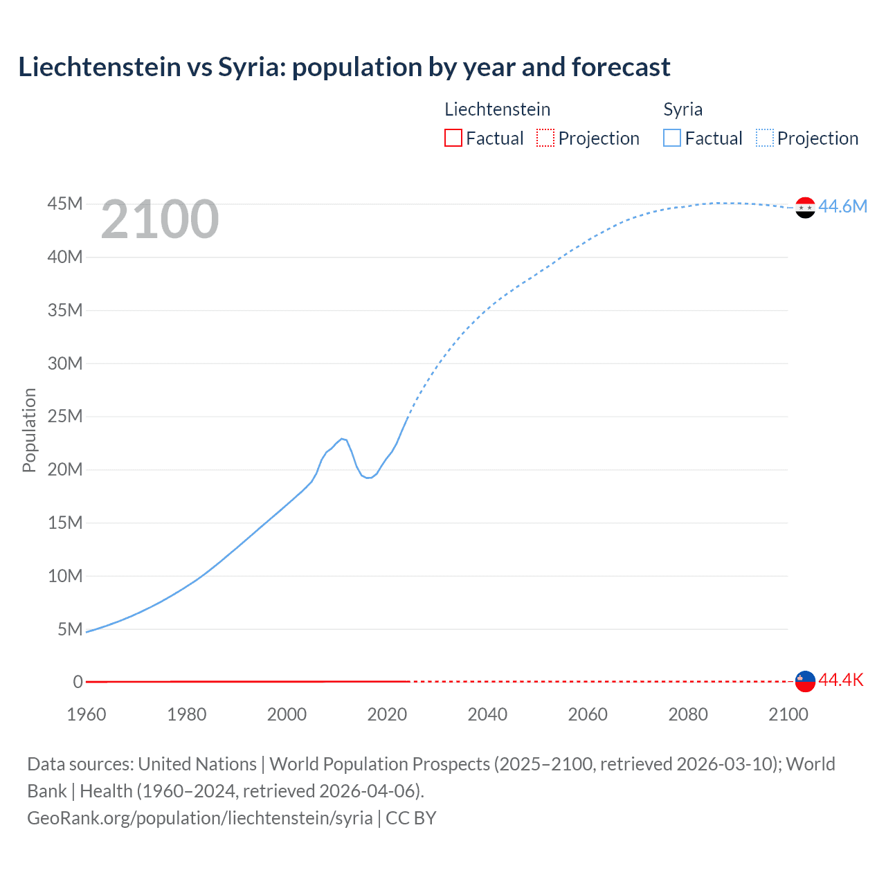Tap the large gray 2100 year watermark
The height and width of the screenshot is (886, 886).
160,219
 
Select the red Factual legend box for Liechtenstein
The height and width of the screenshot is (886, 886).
453,138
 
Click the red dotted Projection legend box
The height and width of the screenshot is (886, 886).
545,138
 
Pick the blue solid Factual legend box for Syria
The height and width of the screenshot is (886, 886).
671,138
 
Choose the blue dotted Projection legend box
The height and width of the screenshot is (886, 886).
764,138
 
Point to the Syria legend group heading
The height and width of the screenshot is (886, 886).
682,109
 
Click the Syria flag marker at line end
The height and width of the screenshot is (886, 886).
805,207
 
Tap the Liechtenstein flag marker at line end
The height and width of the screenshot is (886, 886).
805,681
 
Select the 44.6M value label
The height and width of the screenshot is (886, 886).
842,206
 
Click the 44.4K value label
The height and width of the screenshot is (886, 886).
841,680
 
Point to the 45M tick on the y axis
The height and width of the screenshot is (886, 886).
65,204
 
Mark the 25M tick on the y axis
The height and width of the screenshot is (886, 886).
65,416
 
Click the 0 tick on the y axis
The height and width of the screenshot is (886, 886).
78,682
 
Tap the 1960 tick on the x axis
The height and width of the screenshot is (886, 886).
87,714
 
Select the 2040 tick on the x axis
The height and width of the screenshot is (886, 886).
487,714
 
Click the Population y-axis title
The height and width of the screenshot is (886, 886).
29,430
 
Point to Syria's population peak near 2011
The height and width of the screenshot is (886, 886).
342,438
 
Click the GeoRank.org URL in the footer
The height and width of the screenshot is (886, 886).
199,817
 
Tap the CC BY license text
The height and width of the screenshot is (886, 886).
411,817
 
